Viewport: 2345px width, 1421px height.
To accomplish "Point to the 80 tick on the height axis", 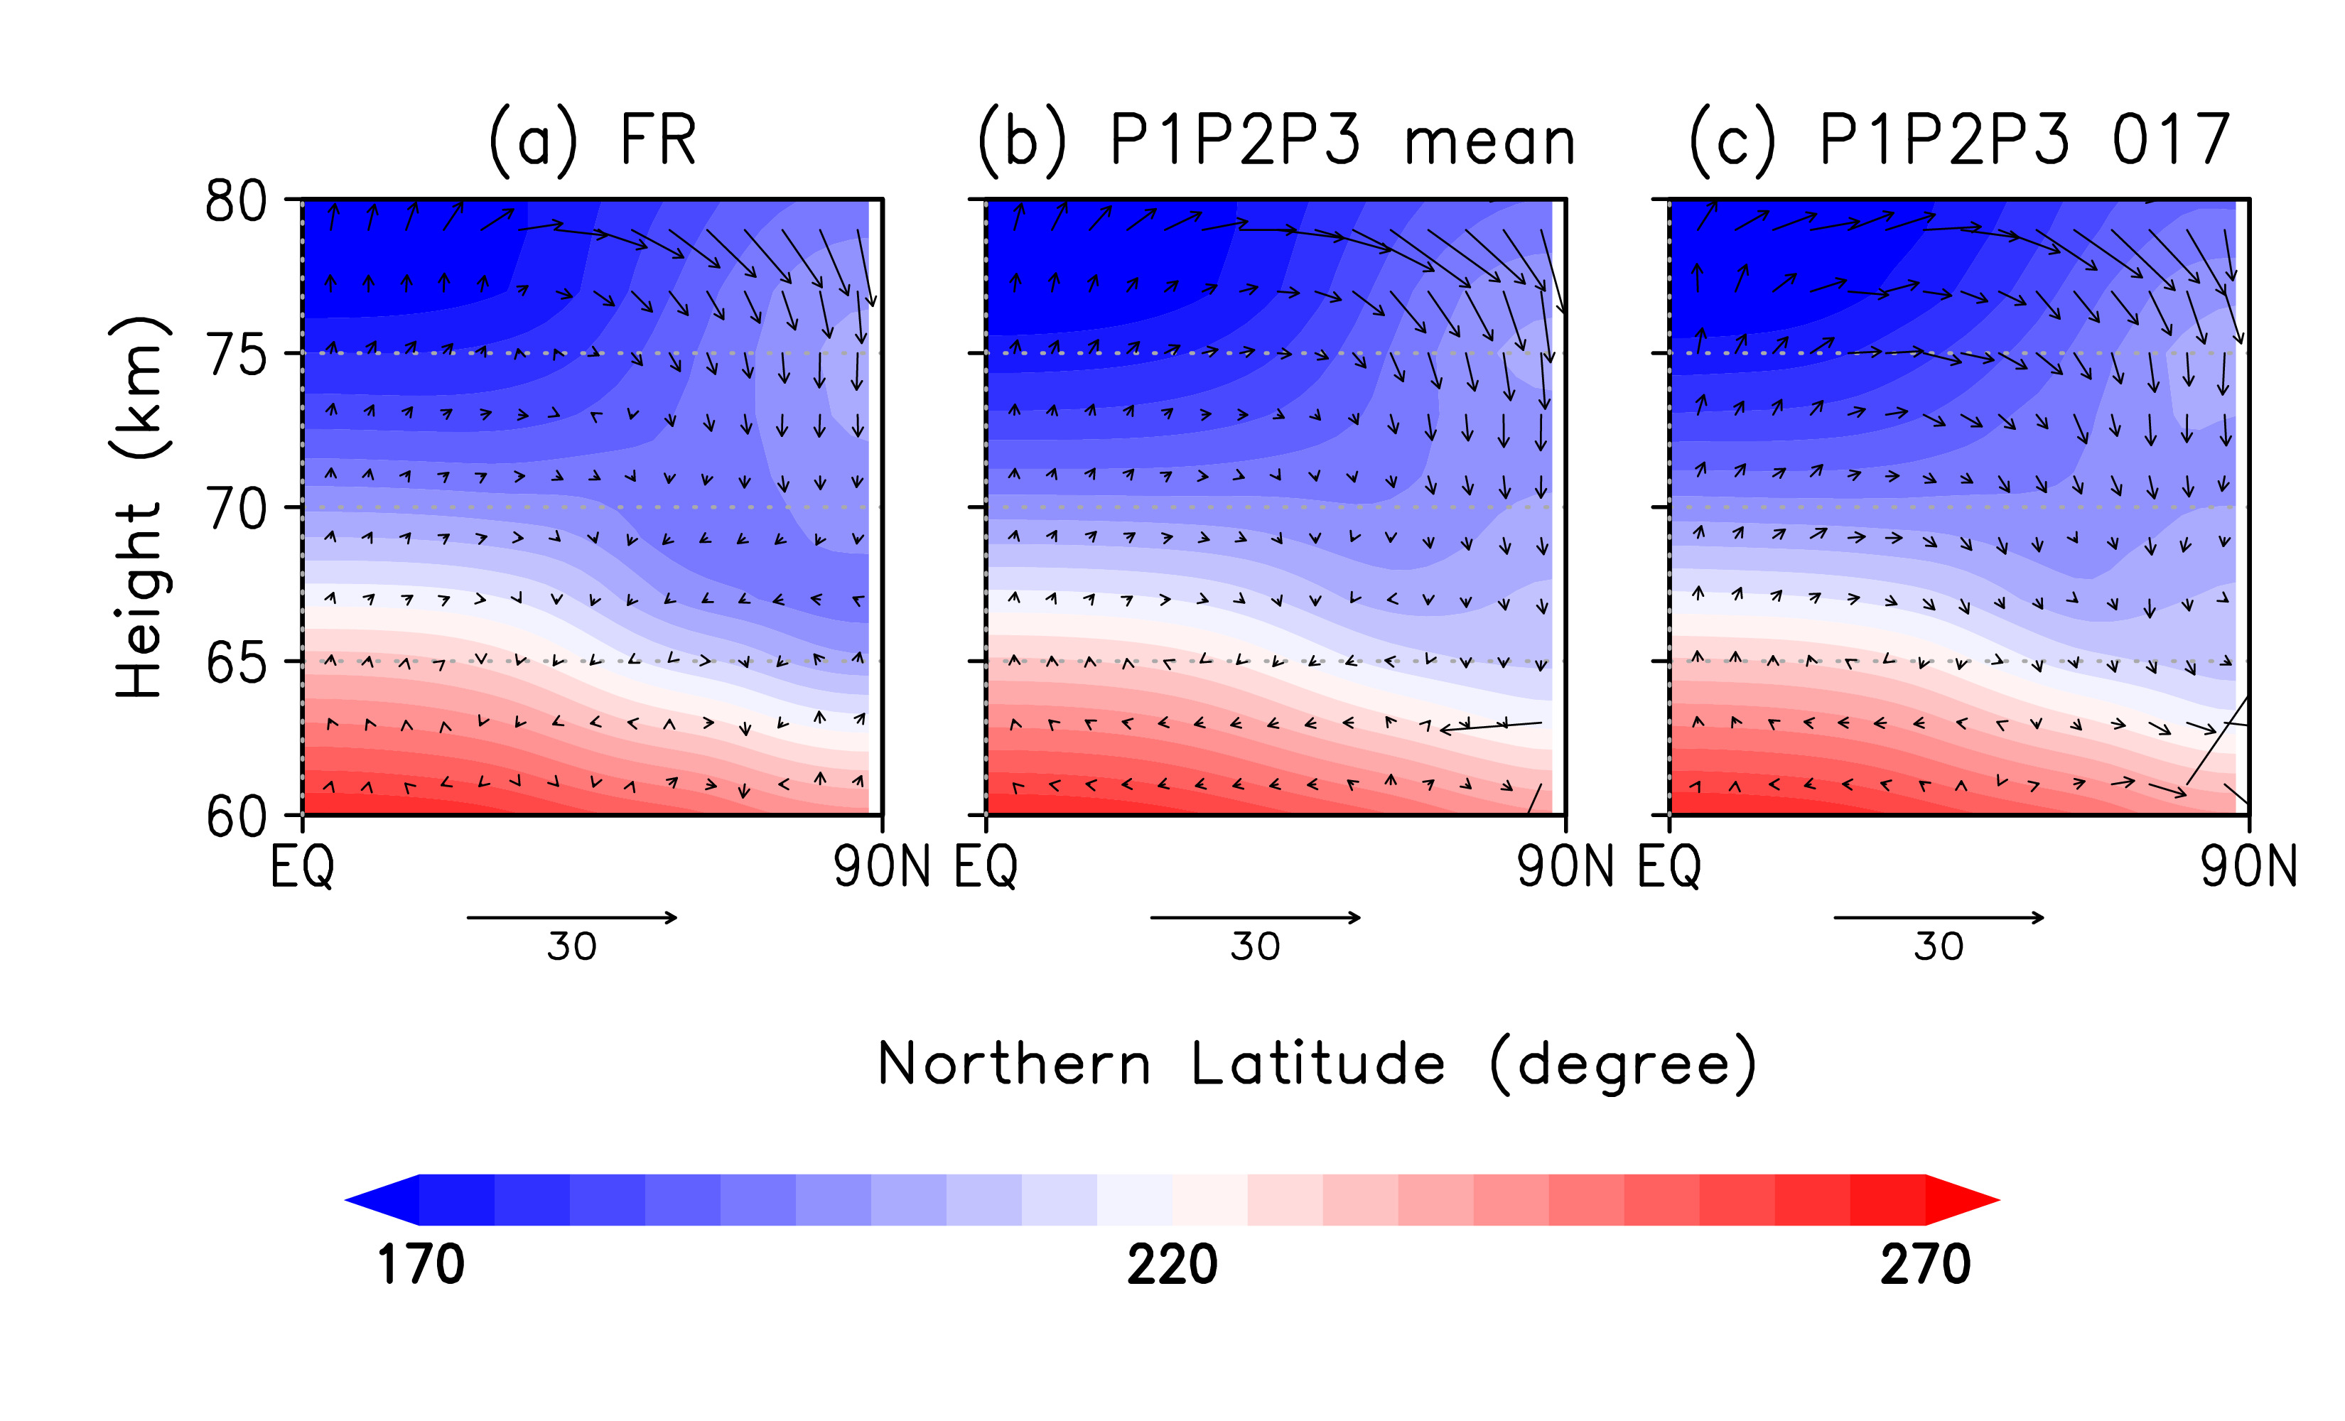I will [236, 202].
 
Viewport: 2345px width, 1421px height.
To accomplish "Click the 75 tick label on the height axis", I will [236, 357].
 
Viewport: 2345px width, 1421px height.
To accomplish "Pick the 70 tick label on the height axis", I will [236, 510].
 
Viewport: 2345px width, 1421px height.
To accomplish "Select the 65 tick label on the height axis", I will [236, 664].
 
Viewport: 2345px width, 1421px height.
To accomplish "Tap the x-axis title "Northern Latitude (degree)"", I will [1316, 1064].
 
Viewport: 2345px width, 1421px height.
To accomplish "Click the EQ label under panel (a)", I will [302, 867].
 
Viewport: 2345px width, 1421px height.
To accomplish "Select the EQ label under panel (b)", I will [986, 867].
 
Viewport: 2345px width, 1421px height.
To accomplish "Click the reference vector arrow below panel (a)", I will [572, 917].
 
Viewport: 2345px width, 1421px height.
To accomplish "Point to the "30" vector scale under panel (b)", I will [1256, 947].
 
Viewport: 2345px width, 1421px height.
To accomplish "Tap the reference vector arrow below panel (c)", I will [1939, 917].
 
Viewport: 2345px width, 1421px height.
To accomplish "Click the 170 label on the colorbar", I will [421, 1265].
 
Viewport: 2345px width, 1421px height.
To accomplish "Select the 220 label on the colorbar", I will [1172, 1265].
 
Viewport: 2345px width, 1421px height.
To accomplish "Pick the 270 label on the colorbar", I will [1924, 1265].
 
